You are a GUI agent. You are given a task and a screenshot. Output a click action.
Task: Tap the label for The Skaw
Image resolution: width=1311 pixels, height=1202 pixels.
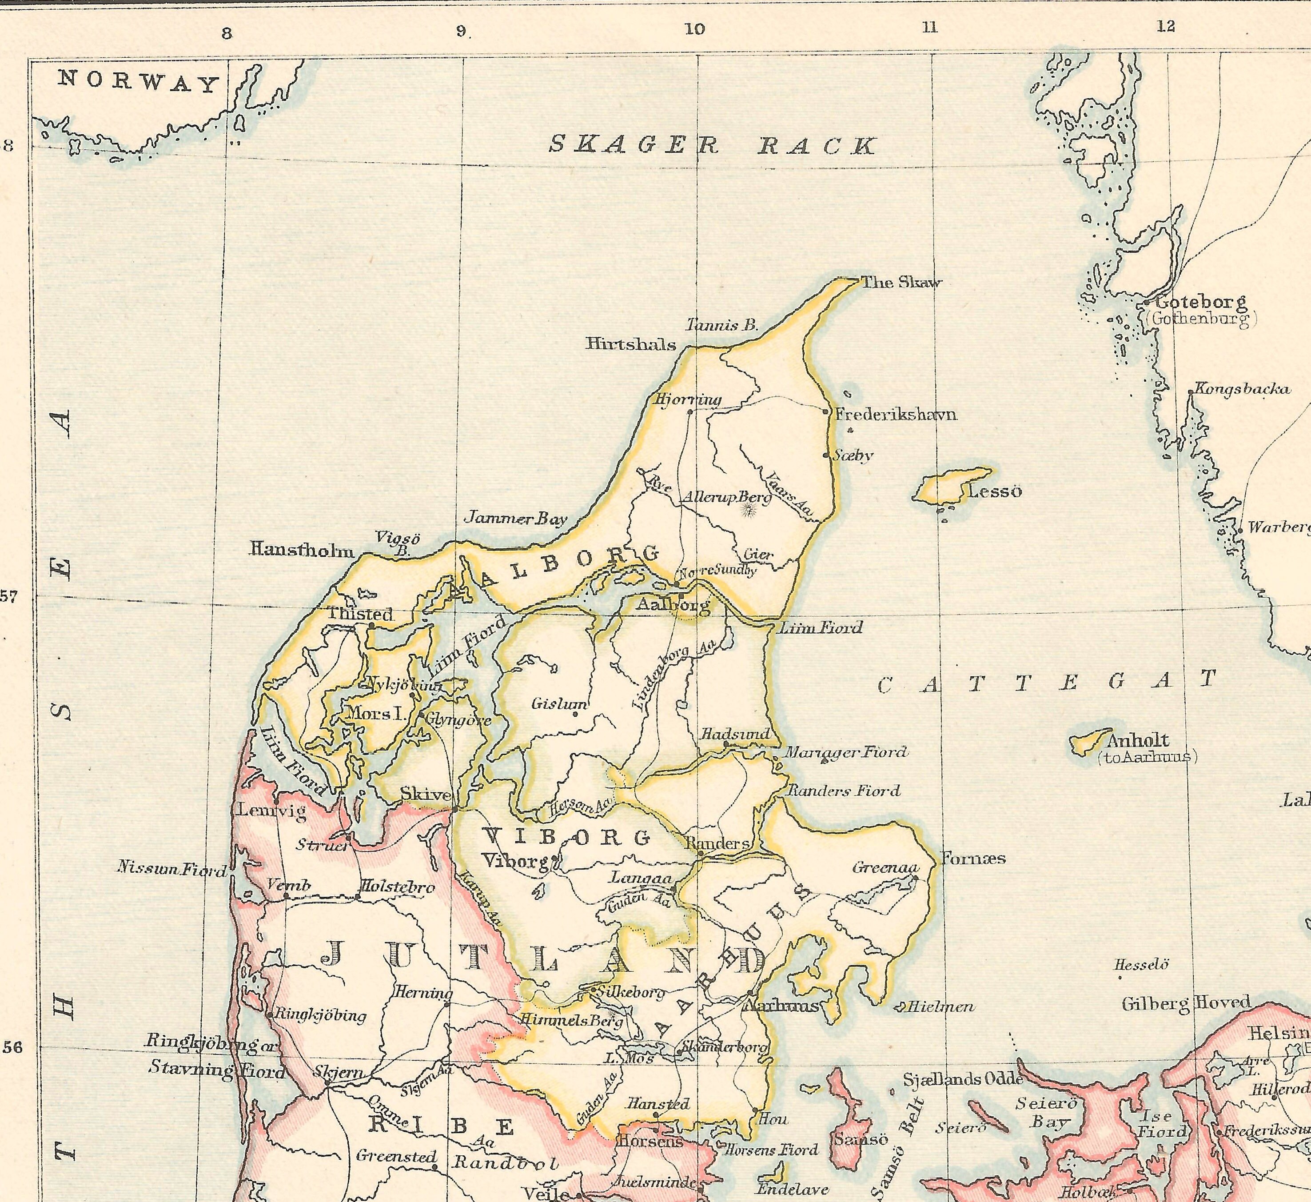tap(901, 282)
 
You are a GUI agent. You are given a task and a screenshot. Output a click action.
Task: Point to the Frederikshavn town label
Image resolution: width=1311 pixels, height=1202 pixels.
tap(896, 414)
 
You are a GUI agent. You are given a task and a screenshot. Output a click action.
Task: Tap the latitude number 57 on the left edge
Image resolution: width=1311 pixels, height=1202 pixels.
tap(8, 596)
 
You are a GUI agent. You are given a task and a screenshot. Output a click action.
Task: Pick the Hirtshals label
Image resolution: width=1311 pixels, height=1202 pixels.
tap(631, 344)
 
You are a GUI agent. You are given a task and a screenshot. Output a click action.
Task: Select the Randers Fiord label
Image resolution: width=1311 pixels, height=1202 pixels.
tap(844, 791)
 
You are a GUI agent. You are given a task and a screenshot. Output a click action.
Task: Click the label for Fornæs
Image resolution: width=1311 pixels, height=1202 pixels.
tap(973, 859)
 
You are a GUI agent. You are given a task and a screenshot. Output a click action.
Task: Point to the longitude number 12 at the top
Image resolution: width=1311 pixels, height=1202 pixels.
tap(1166, 26)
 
